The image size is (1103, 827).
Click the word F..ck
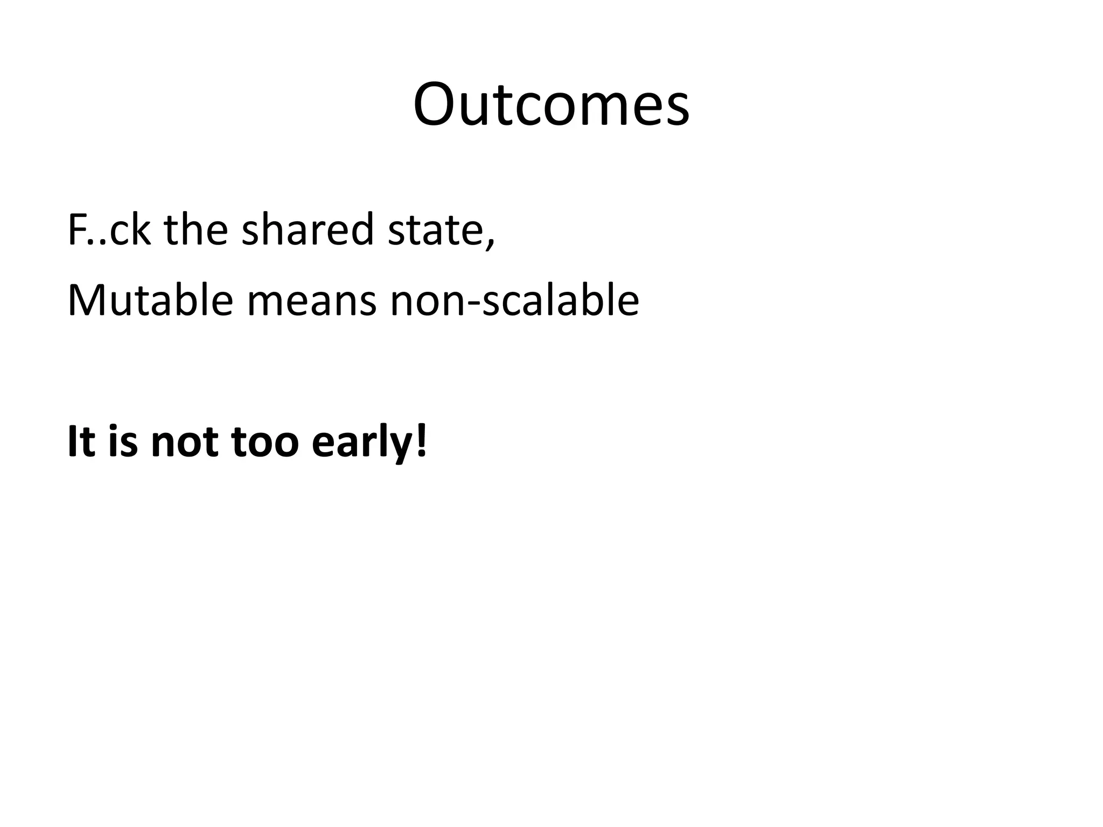(109, 229)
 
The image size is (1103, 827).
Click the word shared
(308, 229)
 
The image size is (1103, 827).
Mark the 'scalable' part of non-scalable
(560, 300)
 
